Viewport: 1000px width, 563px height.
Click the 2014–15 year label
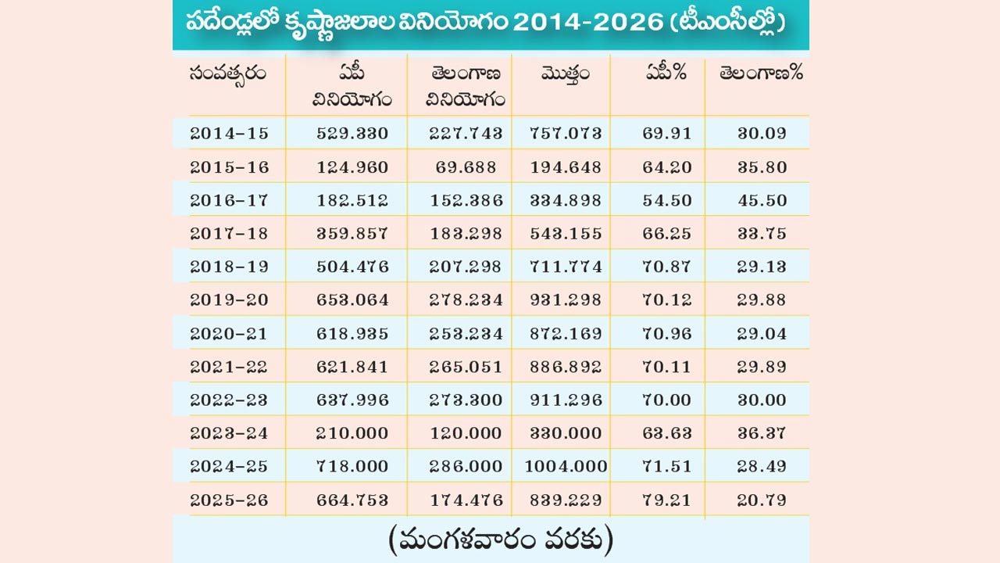[x=229, y=134]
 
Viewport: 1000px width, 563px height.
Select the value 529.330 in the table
[x=352, y=134]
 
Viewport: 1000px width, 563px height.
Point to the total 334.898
[x=566, y=201]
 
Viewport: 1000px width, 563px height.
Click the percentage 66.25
[x=667, y=234]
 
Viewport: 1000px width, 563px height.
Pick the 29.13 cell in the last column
[x=762, y=267]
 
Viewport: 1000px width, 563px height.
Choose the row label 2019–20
[x=229, y=300]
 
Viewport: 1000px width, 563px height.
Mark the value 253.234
[x=466, y=334]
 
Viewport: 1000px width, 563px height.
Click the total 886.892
[x=566, y=367]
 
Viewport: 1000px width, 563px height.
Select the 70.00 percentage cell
[x=667, y=400]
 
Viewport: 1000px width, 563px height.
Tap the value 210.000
[x=352, y=433]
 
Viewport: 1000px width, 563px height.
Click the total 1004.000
[x=566, y=467]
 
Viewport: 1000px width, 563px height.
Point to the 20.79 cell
[x=762, y=500]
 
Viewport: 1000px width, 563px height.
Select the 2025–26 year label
[x=229, y=500]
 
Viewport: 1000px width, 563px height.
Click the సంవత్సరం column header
[x=227, y=74]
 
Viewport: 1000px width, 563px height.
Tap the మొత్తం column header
[x=565, y=75]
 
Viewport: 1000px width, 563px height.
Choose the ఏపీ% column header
[x=666, y=74]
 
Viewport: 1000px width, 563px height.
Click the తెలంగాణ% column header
[x=761, y=74]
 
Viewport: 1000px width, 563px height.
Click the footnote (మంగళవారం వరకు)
[x=500, y=540]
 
